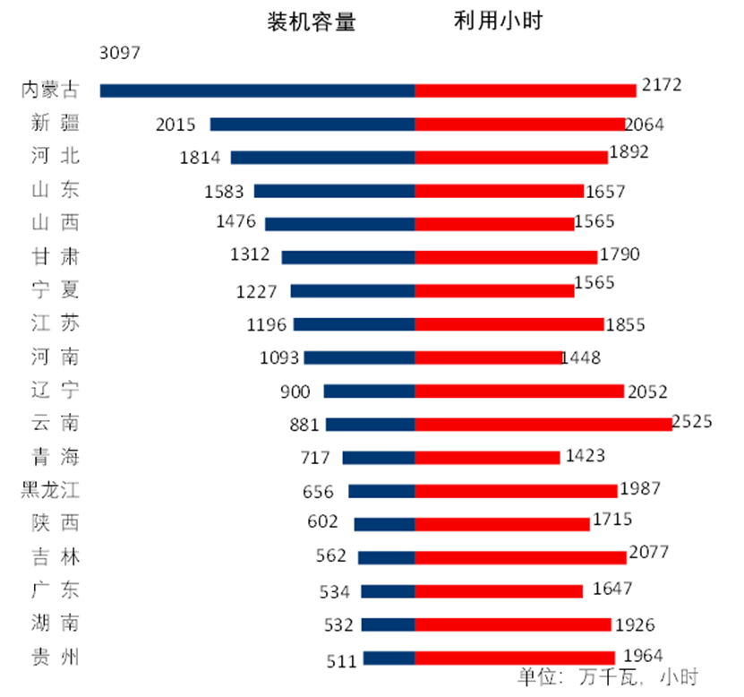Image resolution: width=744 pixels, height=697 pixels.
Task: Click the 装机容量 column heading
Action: (312, 22)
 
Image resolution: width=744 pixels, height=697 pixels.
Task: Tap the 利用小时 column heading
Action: (498, 22)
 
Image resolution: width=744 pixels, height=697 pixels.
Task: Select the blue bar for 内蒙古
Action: (257, 90)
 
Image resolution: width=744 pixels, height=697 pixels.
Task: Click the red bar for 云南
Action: (543, 425)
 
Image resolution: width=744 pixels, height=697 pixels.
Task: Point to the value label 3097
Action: (120, 53)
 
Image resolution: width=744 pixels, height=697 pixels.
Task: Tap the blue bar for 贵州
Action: (389, 658)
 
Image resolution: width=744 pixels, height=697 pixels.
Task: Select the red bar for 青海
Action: (487, 458)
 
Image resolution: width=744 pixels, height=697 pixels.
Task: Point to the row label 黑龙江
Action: (50, 491)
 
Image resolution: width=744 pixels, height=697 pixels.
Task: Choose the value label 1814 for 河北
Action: (199, 157)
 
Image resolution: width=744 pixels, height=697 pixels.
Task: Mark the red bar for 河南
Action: (489, 357)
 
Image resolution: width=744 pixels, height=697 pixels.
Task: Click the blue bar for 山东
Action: (334, 191)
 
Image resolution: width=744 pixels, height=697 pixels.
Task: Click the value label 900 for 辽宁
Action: (295, 391)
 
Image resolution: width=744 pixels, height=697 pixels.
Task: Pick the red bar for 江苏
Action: (509, 324)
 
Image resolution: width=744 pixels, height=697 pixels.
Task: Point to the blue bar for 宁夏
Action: (353, 290)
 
